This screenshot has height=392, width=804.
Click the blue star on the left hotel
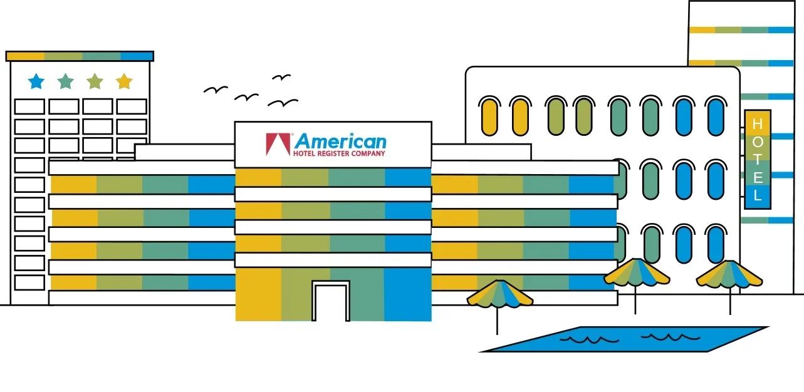point(36,81)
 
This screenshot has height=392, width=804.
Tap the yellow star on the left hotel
point(124,81)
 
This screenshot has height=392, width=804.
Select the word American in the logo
point(340,141)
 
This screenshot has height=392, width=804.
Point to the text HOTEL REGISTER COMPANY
point(339,153)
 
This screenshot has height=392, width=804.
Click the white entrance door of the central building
point(330,303)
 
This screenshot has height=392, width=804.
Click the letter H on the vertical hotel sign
point(758,124)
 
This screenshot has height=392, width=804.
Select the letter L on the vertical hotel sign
point(758,195)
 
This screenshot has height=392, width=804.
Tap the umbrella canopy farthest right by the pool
point(729,274)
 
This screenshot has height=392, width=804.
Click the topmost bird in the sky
point(281,77)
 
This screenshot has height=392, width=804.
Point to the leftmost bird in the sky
point(215,90)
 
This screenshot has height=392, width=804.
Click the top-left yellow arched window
point(490,116)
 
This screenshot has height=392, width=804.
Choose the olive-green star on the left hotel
point(95,81)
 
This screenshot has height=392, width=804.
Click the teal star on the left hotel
point(65,81)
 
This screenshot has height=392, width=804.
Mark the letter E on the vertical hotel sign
point(758,177)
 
